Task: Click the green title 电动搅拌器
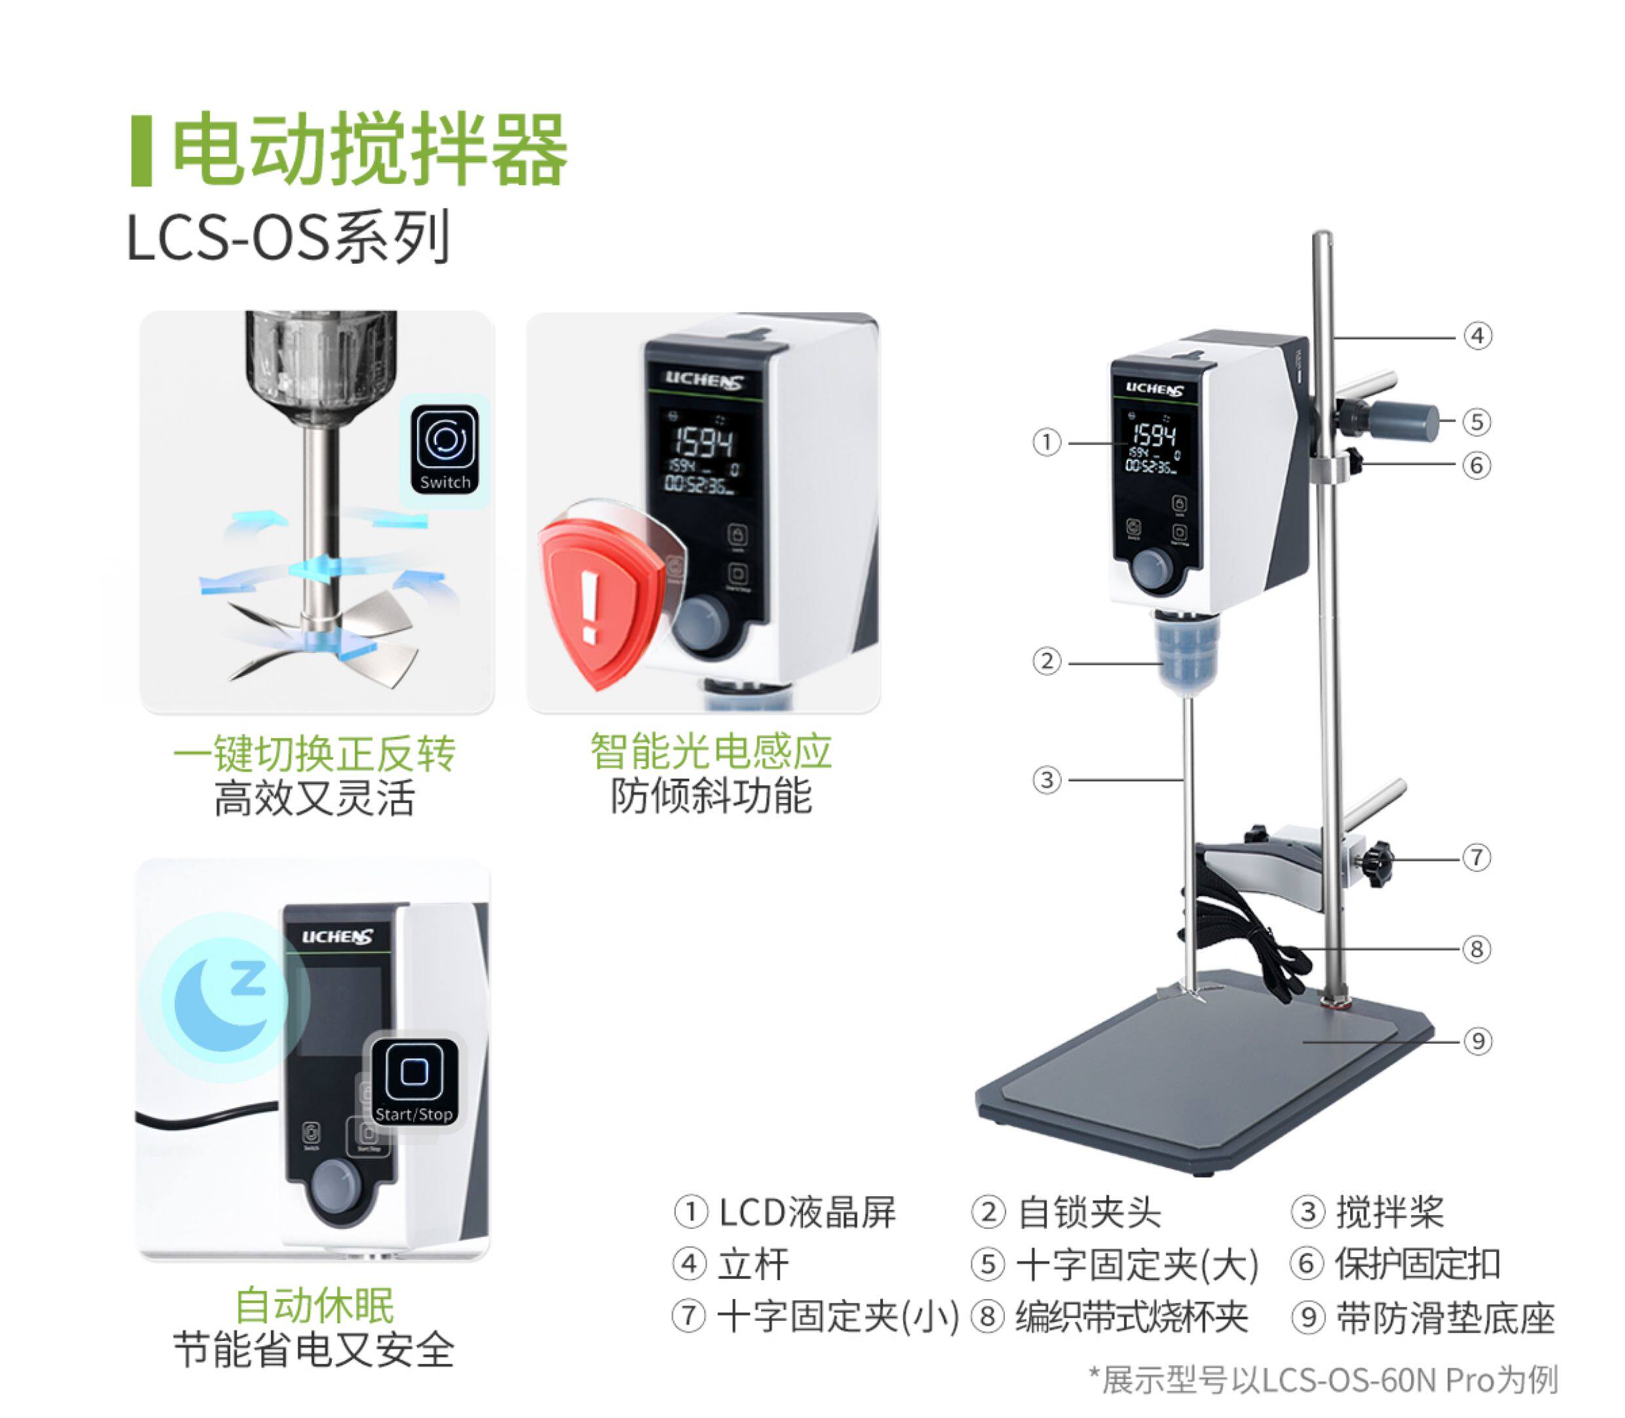[x=370, y=149]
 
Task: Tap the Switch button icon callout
[x=446, y=449]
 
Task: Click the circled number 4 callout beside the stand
[x=1477, y=336]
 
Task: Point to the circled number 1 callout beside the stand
[x=1046, y=442]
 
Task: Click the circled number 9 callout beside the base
[x=1477, y=1041]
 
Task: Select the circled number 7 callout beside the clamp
[x=1476, y=857]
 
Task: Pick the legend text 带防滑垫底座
[x=1445, y=1318]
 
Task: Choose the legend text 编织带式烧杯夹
[x=1132, y=1318]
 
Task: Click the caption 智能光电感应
[x=710, y=751]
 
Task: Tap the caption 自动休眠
[x=314, y=1305]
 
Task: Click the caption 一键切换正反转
[x=314, y=752]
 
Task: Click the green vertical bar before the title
[x=141, y=150]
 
